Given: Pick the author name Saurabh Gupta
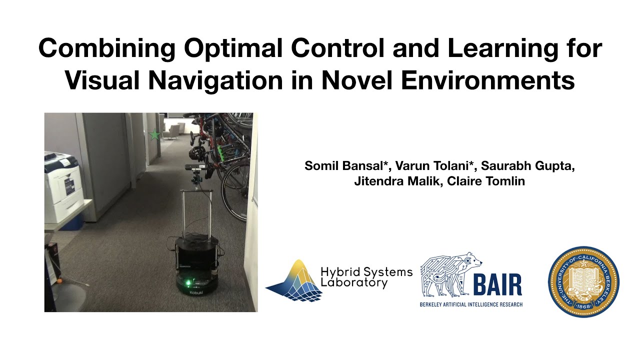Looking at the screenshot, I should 528,165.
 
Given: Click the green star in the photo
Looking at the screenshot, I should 154,134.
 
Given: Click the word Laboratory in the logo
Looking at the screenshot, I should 354,283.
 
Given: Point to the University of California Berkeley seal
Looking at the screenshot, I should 583,282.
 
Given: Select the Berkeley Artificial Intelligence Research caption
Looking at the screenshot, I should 471,304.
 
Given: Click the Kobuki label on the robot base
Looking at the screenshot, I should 196,294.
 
